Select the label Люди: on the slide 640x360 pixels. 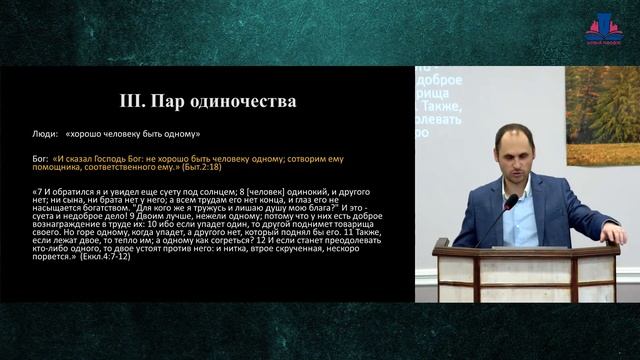[46, 133]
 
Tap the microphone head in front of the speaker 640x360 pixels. [511, 202]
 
